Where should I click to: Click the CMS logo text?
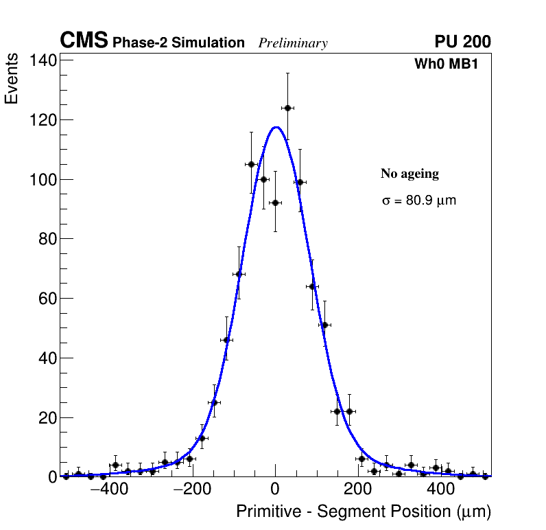(x=84, y=41)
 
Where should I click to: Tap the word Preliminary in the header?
(x=293, y=43)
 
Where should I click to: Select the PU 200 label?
(x=462, y=42)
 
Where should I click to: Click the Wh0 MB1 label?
(x=445, y=64)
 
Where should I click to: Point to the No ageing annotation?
(x=409, y=174)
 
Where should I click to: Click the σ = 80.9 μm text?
(x=418, y=201)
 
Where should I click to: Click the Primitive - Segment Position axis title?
(x=364, y=511)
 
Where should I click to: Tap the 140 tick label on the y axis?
(x=42, y=60)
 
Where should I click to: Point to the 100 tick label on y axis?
(x=42, y=179)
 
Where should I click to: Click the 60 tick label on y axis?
(x=46, y=299)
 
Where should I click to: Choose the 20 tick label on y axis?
(x=46, y=417)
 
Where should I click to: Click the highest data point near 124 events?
(x=287, y=108)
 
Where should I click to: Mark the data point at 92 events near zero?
(x=275, y=203)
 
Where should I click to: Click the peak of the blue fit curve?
(x=276, y=127)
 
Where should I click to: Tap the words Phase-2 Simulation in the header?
(x=178, y=43)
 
